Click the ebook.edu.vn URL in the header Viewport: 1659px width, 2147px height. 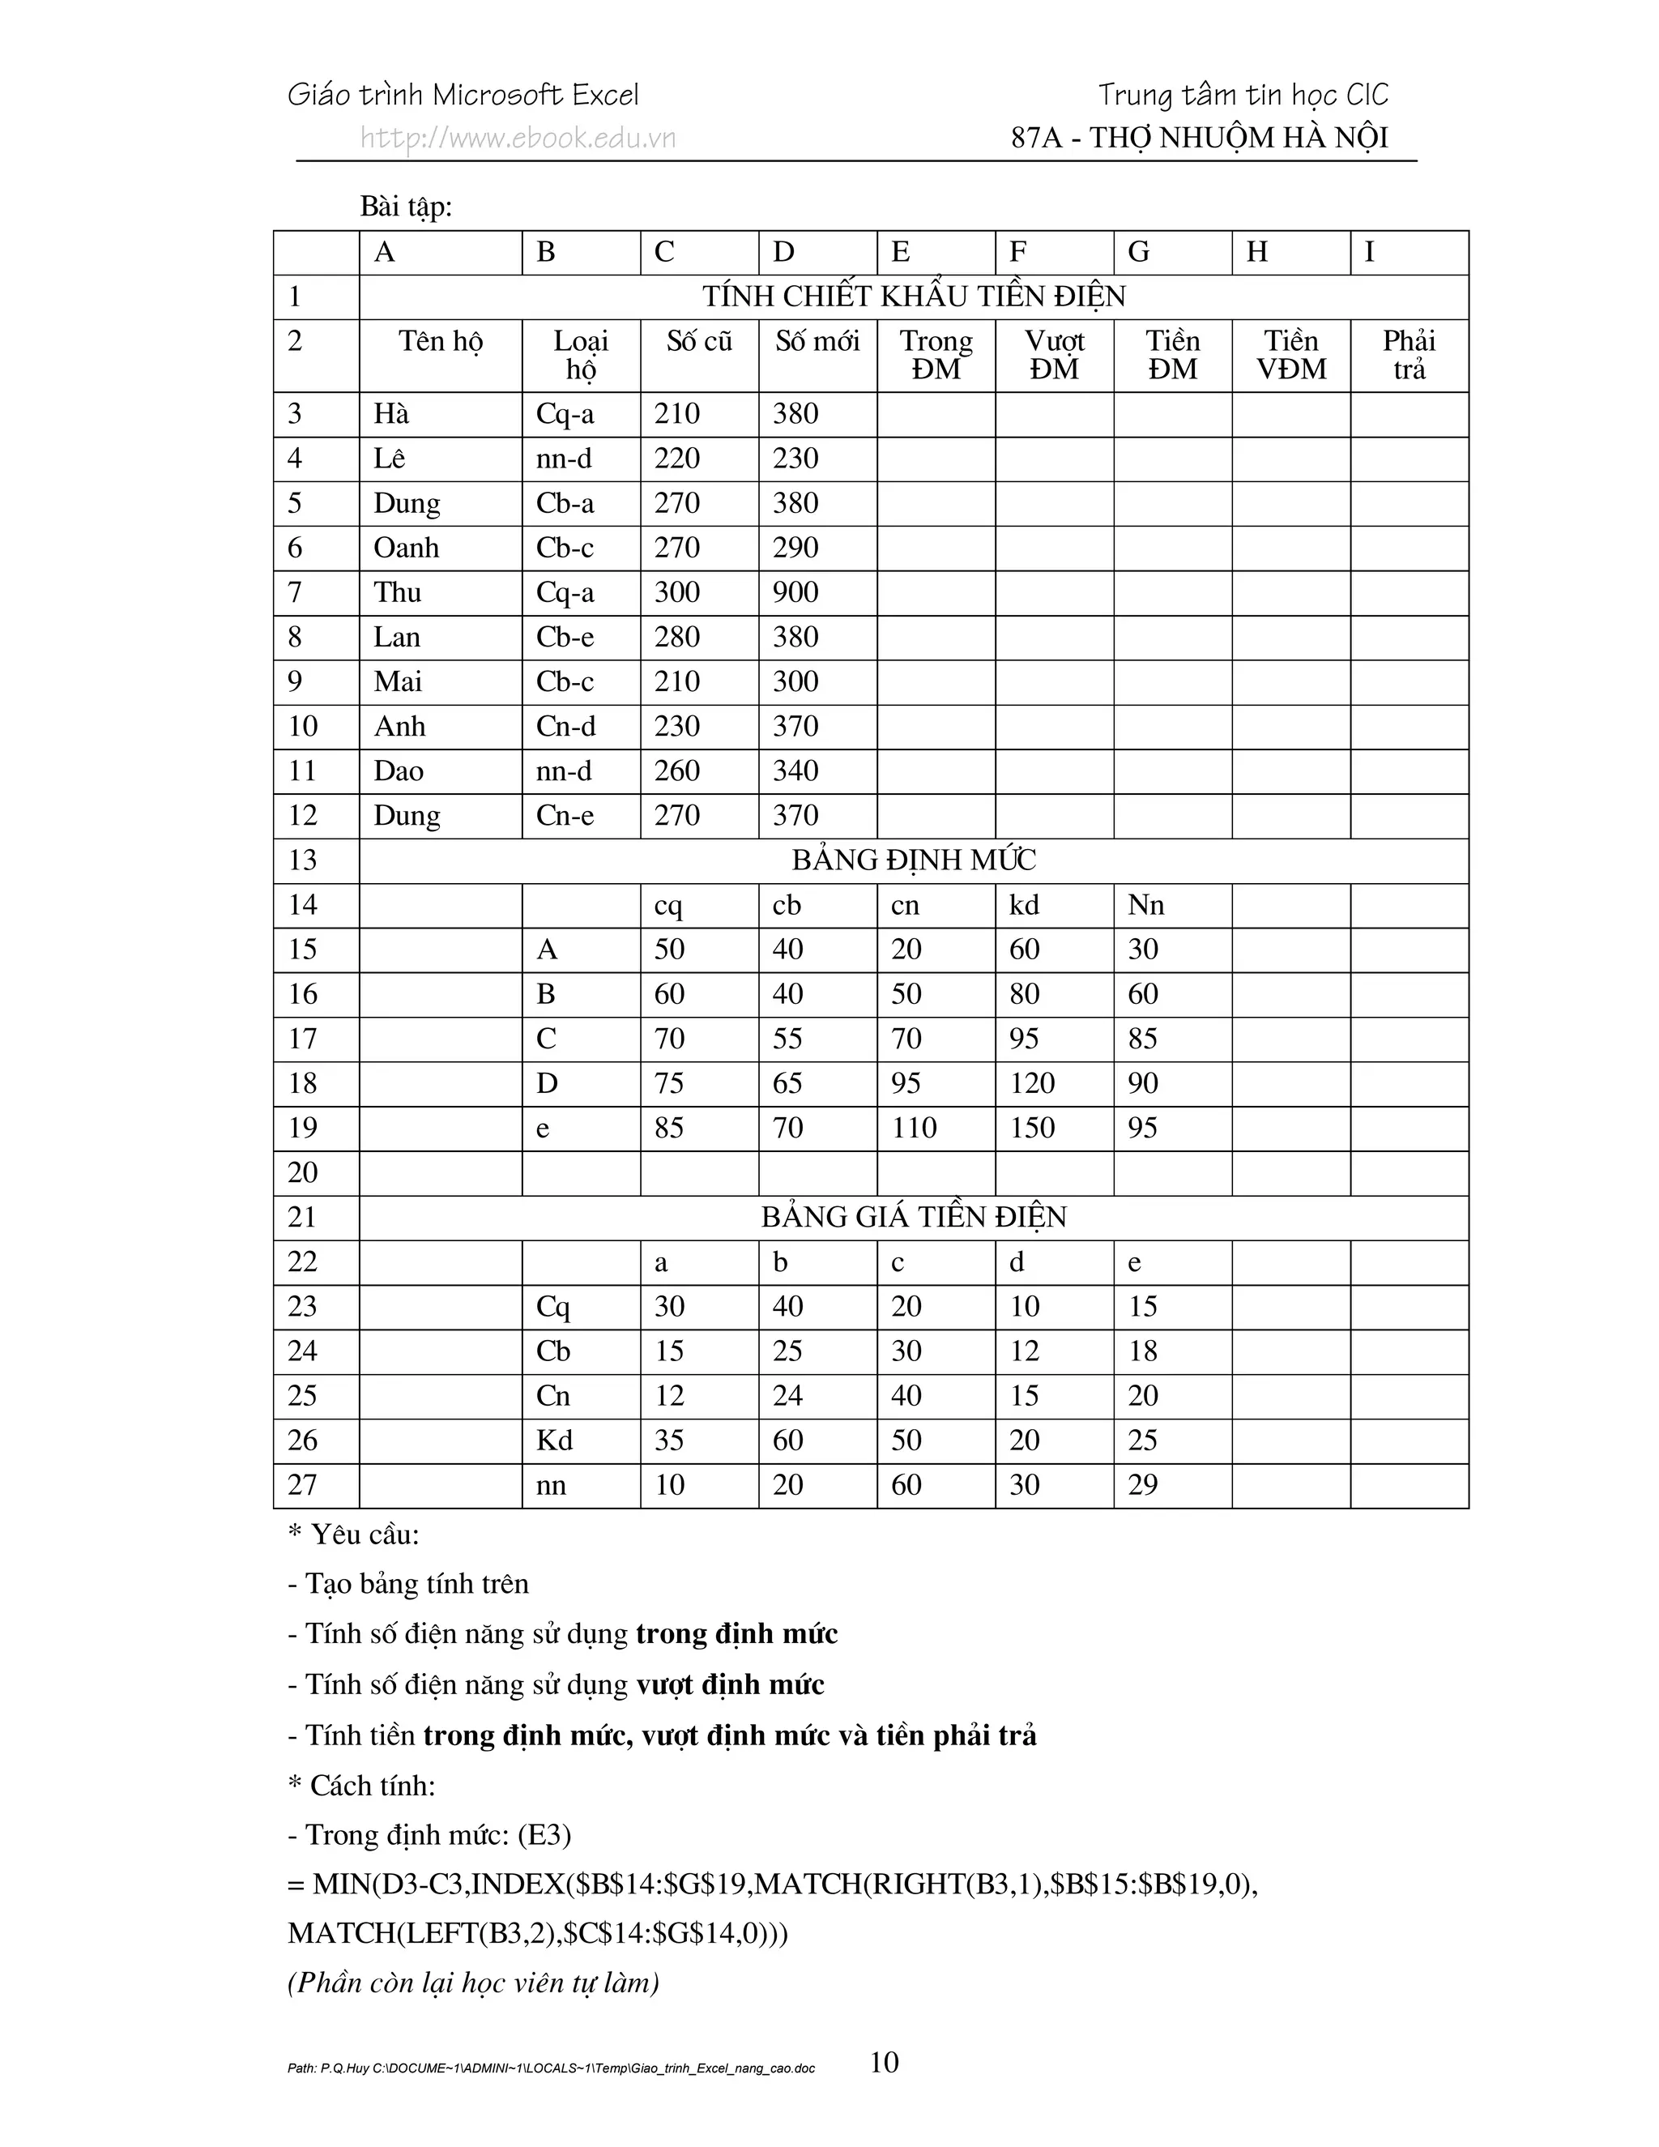coord(518,138)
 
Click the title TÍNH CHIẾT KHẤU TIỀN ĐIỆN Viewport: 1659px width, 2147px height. coord(913,296)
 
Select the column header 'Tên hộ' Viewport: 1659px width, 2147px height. coord(441,341)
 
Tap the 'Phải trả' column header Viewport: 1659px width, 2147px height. coord(1409,355)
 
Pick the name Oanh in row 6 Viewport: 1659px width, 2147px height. coord(406,548)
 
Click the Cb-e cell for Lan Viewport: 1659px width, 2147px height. coord(565,637)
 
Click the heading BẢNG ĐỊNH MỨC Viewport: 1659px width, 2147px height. coord(913,860)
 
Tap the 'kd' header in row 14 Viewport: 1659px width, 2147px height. coord(1023,904)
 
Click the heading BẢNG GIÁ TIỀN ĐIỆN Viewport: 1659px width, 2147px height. coord(913,1217)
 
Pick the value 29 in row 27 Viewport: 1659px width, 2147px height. coord(1142,1484)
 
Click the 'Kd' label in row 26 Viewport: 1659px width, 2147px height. coord(554,1441)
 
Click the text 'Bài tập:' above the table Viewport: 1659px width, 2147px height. coord(406,207)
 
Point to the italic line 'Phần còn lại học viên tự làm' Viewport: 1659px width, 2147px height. coord(473,1983)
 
